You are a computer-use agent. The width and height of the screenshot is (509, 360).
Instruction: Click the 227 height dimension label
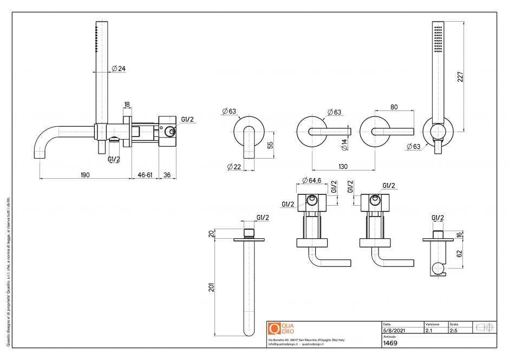click(460, 76)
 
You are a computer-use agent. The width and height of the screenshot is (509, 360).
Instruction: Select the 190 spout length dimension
click(85, 175)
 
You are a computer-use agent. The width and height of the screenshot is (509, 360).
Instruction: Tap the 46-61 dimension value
click(145, 175)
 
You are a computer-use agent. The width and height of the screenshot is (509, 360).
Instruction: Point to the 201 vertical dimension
click(212, 287)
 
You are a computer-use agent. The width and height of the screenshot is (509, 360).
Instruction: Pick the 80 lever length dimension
click(394, 107)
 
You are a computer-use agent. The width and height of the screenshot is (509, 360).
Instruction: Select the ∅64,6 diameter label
click(311, 180)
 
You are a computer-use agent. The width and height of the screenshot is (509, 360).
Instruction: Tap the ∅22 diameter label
click(234, 166)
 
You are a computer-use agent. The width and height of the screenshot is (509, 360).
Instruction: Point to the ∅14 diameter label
click(344, 145)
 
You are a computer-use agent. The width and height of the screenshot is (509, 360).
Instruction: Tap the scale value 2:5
click(454, 330)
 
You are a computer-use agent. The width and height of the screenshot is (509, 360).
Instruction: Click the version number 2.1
click(429, 330)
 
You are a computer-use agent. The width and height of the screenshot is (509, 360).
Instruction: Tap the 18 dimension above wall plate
click(127, 104)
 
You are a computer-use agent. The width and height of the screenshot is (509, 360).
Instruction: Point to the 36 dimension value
click(167, 175)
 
